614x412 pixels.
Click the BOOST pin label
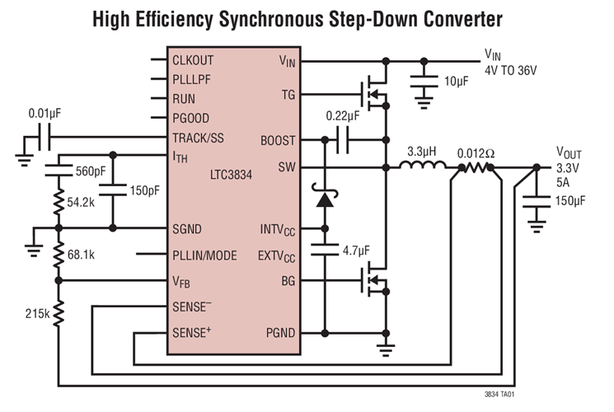[x=277, y=141]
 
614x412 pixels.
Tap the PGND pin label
[x=279, y=334]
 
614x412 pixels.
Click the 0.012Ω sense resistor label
[x=477, y=152]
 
